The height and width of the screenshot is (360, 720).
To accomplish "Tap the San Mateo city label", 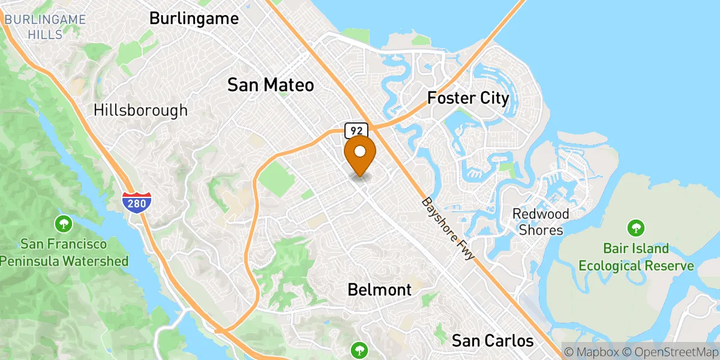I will [270, 85].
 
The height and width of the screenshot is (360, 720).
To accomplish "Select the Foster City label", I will [468, 98].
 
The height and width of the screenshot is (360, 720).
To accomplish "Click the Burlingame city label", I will [194, 19].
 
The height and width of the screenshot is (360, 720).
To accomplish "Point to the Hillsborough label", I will [140, 110].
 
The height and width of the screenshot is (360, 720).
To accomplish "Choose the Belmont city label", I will [379, 290].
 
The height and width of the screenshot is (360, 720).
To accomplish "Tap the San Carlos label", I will [492, 341].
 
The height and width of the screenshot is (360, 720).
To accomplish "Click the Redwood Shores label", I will [541, 222].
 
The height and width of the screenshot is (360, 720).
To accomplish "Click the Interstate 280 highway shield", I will [136, 202].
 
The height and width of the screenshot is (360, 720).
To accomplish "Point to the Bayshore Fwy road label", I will [448, 229].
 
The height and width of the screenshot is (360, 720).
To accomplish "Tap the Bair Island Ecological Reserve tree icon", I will [635, 228].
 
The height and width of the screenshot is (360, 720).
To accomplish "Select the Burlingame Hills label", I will [45, 26].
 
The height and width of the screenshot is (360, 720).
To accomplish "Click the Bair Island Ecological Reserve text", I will [636, 257].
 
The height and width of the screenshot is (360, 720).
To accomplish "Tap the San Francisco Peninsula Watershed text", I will [64, 253].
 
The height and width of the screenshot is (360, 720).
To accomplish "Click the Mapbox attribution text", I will [591, 352].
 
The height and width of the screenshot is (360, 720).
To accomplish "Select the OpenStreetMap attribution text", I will [669, 352].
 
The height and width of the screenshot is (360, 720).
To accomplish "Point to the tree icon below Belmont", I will [359, 349].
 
